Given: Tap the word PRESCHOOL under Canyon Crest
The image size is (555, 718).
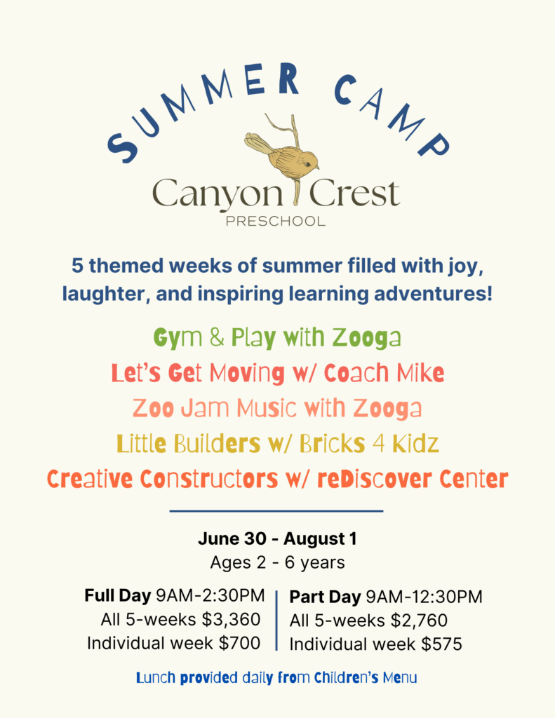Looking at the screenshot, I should tap(276, 222).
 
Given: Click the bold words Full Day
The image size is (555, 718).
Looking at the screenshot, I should tap(118, 596).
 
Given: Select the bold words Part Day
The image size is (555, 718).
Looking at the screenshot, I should tap(326, 597).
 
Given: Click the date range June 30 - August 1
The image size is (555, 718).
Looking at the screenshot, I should tap(277, 539).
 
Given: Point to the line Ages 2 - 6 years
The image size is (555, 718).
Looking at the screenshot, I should tap(277, 562).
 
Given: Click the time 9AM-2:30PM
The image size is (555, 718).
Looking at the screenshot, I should tap(211, 596).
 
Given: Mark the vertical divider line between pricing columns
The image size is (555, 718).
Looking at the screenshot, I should tap(277, 620).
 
